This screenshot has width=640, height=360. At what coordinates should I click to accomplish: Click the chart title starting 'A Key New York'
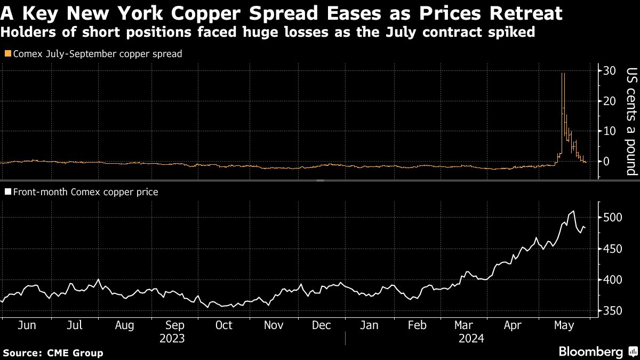click(x=281, y=13)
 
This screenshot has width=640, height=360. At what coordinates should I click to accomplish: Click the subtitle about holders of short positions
click(x=268, y=32)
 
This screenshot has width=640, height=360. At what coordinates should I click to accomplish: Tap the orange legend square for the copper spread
click(x=7, y=54)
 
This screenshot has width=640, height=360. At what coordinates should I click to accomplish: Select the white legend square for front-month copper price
click(x=7, y=192)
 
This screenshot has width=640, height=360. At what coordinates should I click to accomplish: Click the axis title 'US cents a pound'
click(x=631, y=122)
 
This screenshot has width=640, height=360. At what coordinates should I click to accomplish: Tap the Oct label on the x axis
click(x=223, y=325)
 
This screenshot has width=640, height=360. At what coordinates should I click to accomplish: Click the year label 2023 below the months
click(x=172, y=339)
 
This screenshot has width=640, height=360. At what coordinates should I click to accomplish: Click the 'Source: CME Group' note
click(x=53, y=353)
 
